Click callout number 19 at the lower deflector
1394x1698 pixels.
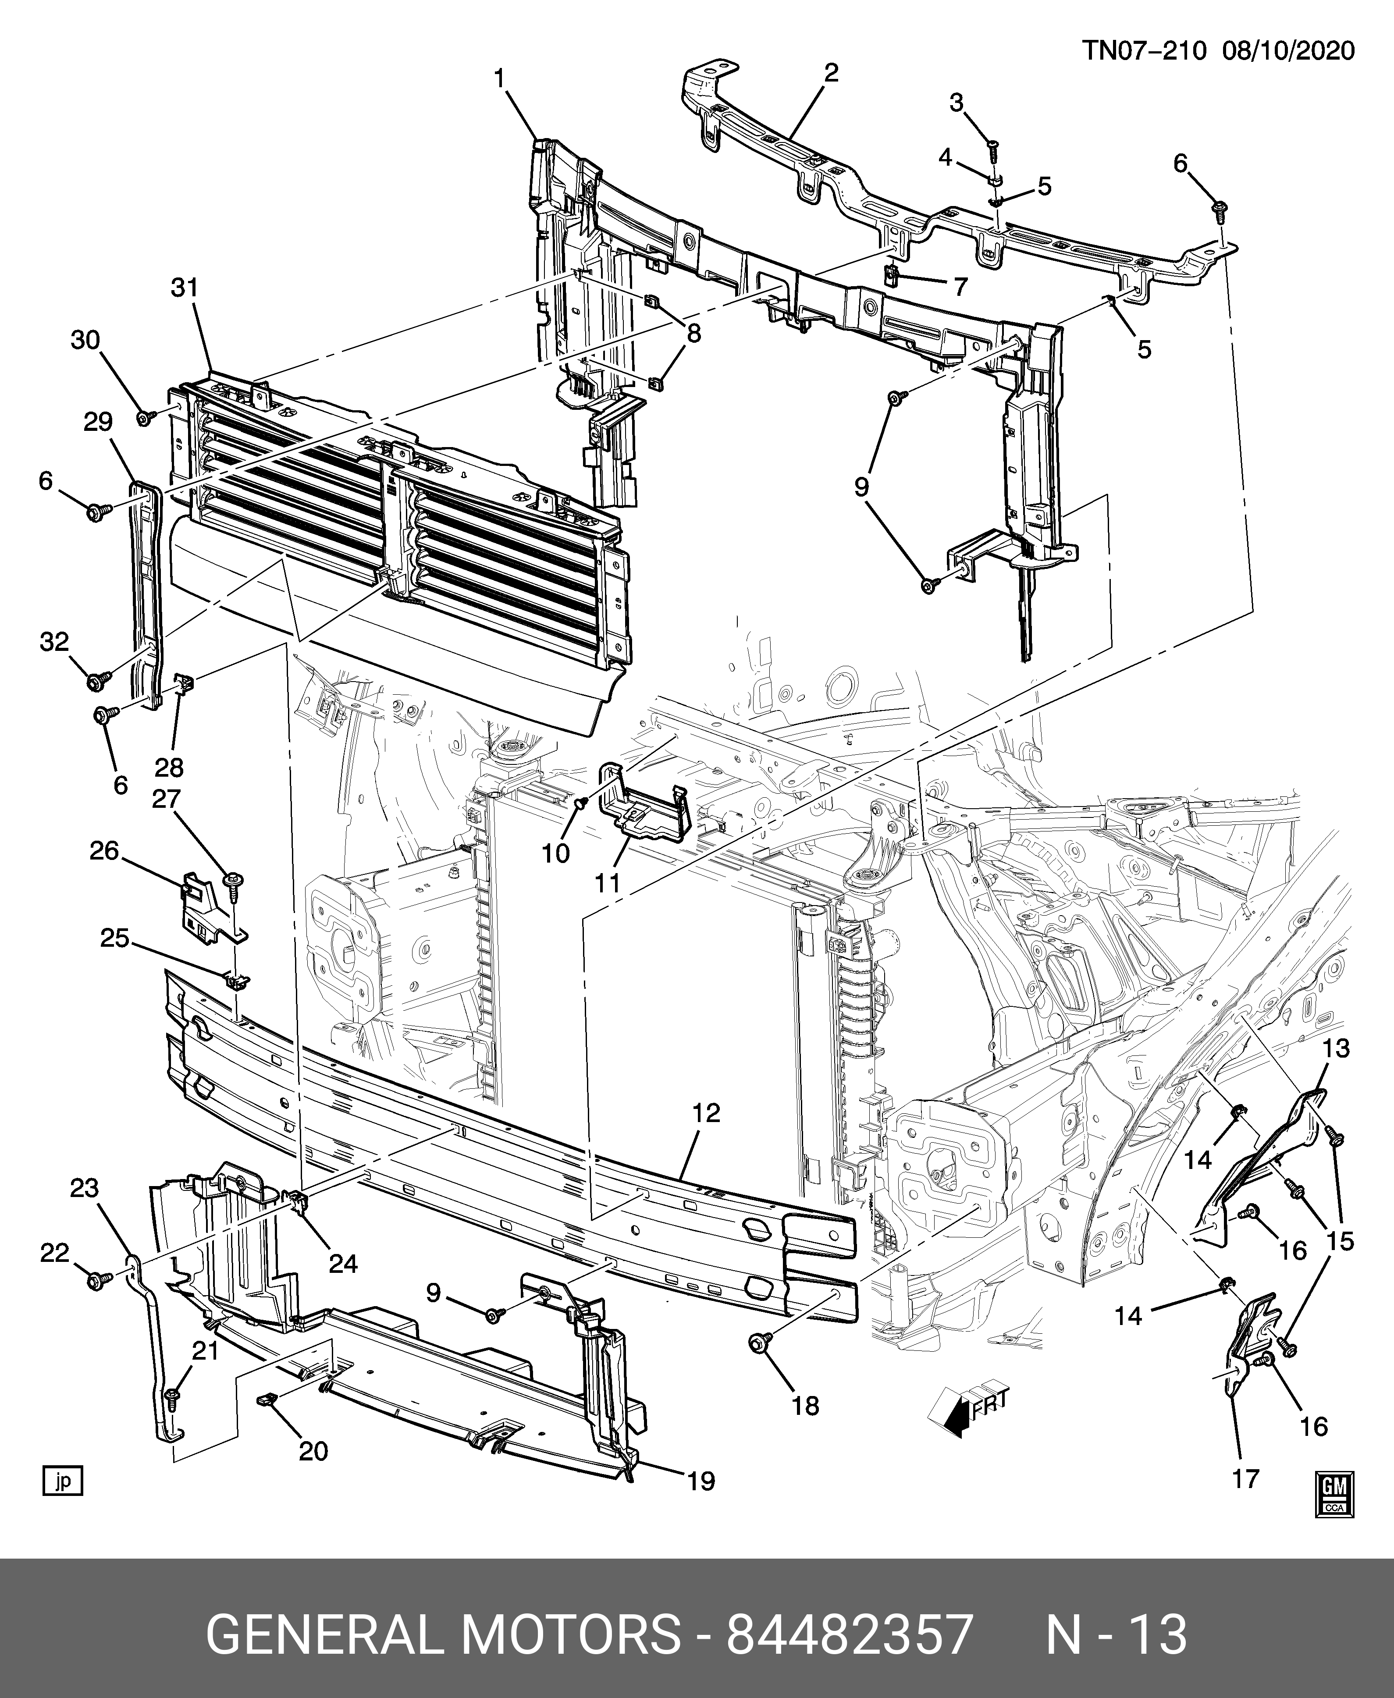click(702, 1481)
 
